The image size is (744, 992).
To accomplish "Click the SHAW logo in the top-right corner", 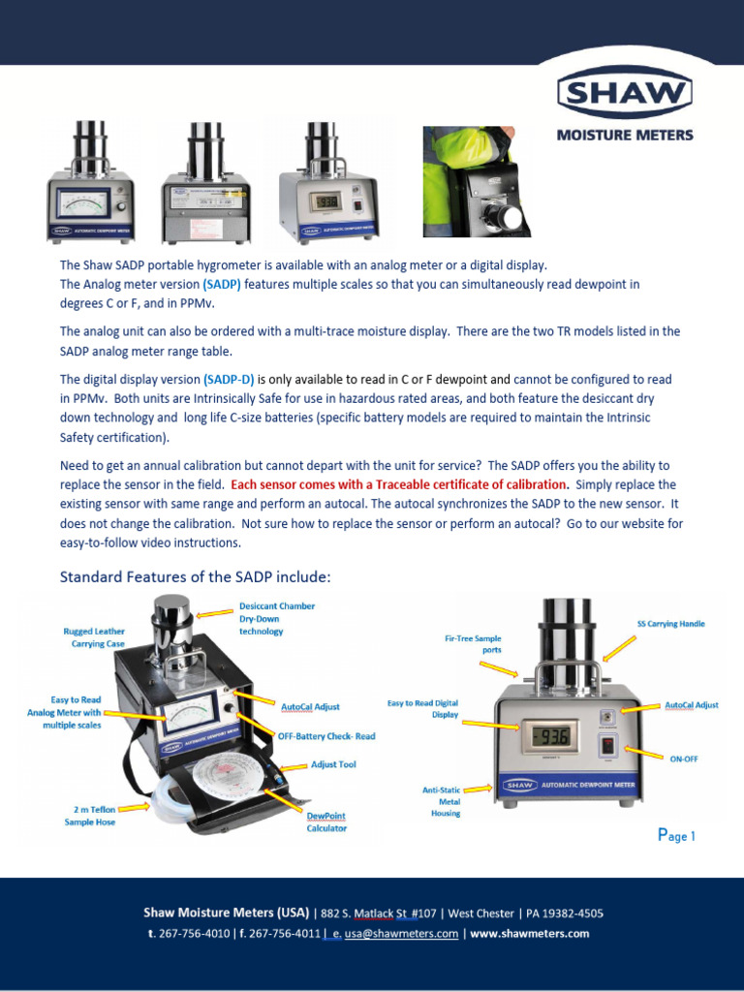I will point(624,94).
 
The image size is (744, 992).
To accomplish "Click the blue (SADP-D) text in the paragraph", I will point(229,380).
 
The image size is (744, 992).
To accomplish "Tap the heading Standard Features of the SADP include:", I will point(195,577).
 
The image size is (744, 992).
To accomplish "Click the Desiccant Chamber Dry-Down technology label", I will point(276,619).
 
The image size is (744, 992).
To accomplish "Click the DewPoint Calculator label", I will point(326,821).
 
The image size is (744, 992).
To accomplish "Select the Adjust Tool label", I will point(333,764).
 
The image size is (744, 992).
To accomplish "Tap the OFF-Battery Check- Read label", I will point(327,736).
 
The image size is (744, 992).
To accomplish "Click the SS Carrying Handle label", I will point(670,624).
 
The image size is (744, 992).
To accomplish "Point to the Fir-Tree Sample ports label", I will point(473,643).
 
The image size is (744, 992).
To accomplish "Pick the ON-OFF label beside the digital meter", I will point(684,759).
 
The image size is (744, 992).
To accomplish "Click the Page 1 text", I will point(676,835).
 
